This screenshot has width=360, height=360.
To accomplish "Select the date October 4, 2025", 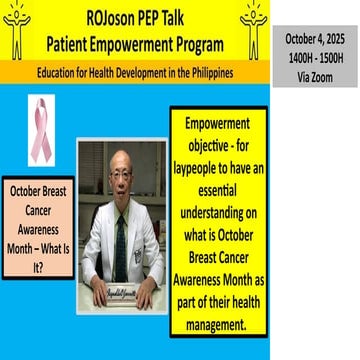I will [314, 39].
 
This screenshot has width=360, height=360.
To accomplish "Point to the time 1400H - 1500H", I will [314, 57].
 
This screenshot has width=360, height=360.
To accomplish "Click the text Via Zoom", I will [314, 75].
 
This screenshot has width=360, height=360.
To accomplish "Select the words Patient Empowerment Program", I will [136, 44].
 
